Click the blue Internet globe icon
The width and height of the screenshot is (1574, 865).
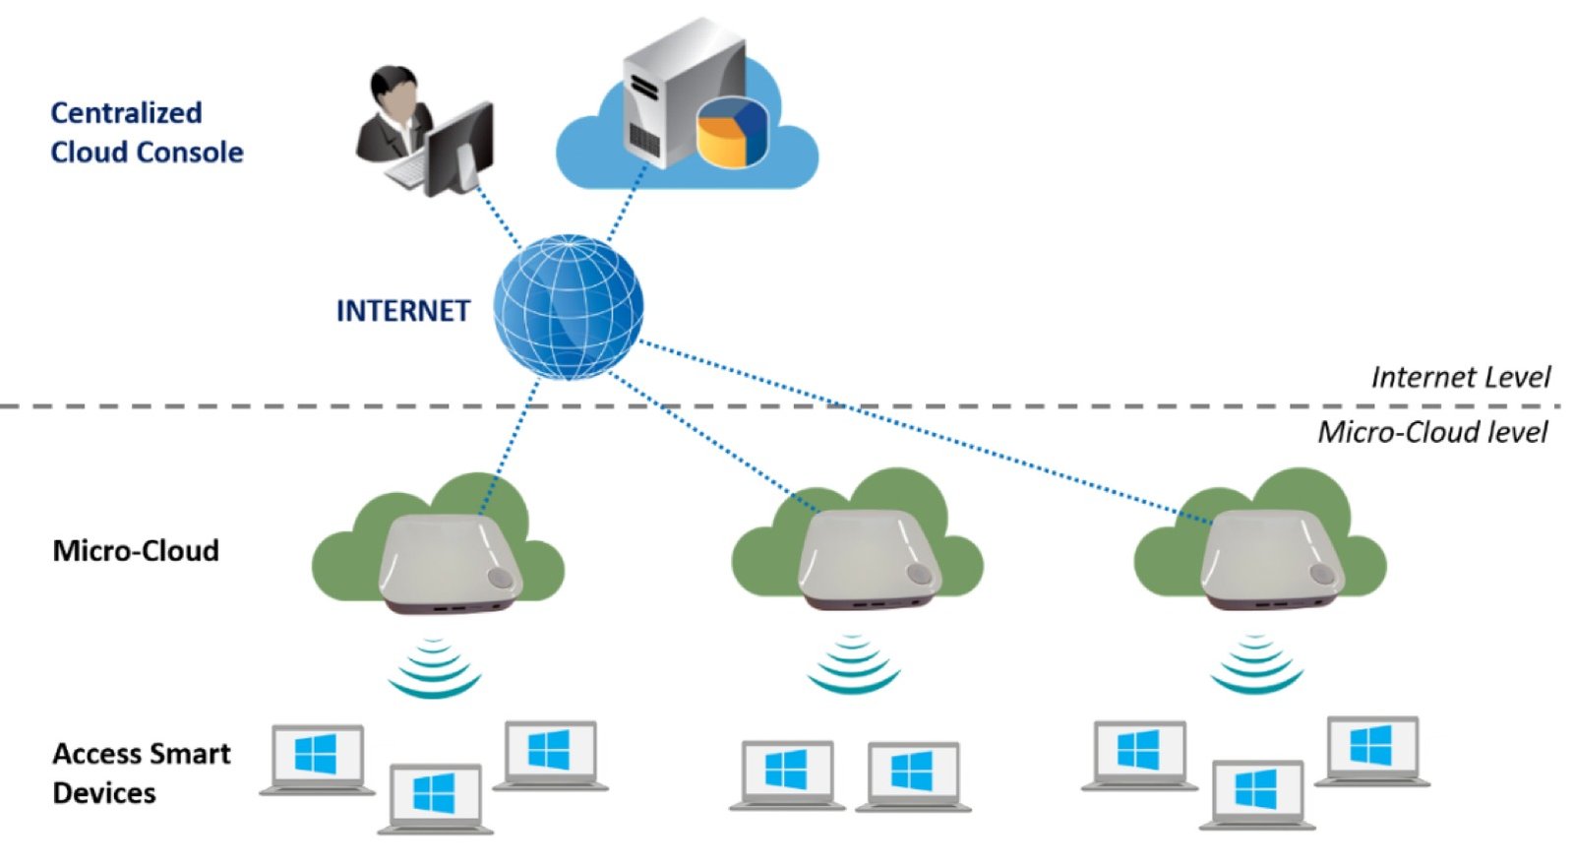tap(568, 307)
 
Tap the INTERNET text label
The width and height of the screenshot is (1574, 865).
tap(402, 311)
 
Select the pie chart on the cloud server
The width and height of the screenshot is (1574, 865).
tap(732, 133)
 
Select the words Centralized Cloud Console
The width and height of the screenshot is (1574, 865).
tap(146, 133)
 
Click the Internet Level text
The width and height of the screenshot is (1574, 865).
tap(1460, 377)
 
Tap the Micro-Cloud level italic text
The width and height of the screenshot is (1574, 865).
tap(1432, 432)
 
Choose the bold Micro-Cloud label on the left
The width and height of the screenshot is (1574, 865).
tap(136, 550)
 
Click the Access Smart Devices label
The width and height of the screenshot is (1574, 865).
tap(141, 773)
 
